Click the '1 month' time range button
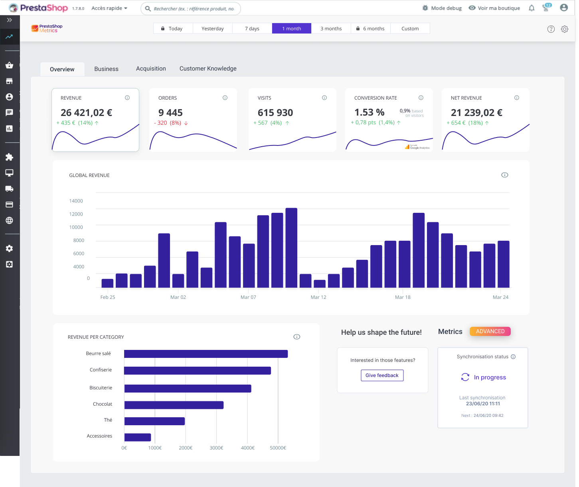point(292,28)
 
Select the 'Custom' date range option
point(410,28)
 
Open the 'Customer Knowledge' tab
point(208,69)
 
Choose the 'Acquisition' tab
point(151,69)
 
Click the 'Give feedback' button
point(382,375)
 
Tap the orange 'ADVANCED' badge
point(490,331)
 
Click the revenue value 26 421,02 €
point(86,113)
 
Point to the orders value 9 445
point(170,113)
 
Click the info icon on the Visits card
point(324,98)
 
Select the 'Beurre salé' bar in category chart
point(206,354)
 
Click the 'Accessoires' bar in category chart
point(138,437)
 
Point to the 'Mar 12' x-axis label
point(318,297)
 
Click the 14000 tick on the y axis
point(76,201)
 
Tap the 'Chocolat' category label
point(103,404)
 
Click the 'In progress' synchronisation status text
point(490,377)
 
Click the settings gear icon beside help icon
point(564,29)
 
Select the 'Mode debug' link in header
point(446,8)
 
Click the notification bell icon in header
point(532,8)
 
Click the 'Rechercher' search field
point(194,8)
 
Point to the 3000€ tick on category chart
point(216,448)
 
